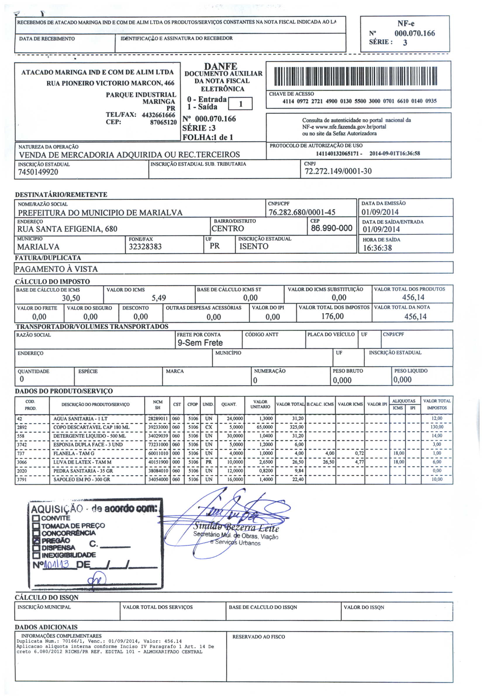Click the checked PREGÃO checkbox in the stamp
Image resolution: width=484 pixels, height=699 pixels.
tap(37, 540)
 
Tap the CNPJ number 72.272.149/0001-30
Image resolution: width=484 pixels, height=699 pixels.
tap(338, 171)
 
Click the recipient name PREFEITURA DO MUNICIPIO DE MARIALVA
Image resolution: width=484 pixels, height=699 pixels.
tap(100, 213)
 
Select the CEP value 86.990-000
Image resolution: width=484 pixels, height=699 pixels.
tap(331, 228)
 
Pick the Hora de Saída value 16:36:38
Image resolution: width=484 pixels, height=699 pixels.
tap(377, 248)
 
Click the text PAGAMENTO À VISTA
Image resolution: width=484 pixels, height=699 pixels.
tap(56, 269)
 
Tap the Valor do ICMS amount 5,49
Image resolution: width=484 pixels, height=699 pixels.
tap(159, 298)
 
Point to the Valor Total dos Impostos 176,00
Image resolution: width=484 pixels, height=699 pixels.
tap(332, 316)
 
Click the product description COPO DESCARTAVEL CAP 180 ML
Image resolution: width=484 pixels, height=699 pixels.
tap(91, 427)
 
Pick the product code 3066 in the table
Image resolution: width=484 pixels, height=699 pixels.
tap(22, 462)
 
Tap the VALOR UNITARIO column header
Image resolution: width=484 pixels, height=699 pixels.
tap(260, 404)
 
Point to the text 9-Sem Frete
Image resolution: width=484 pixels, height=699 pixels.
tap(200, 343)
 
